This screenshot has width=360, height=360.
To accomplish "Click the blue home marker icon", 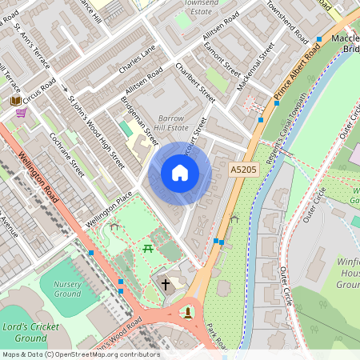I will (180, 173).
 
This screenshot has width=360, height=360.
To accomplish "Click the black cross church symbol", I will (166, 284).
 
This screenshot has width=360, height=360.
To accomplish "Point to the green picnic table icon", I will (148, 250).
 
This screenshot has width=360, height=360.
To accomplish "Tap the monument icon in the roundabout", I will (189, 311).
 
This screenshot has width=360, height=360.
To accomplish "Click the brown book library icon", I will (15, 101).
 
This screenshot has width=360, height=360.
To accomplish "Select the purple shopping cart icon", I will (21, 113).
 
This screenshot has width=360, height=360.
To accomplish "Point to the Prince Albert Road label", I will (297, 76).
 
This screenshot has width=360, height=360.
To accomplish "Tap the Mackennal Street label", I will (260, 64).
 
